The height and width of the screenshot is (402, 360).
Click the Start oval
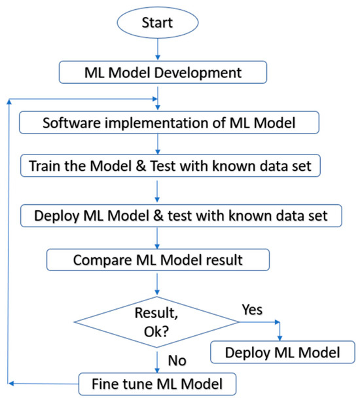pos(156,23)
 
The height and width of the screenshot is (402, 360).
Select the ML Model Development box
pos(156,73)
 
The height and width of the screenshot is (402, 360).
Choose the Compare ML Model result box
pos(157,260)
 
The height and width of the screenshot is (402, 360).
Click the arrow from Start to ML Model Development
pos(156,50)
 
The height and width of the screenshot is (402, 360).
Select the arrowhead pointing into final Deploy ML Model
pos(279,337)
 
